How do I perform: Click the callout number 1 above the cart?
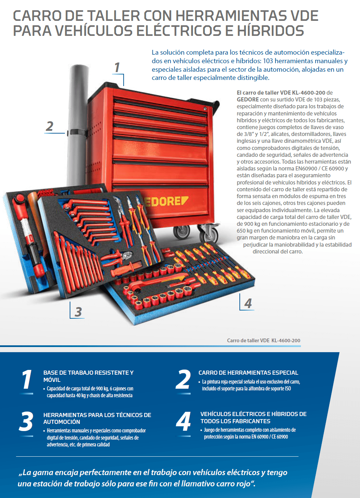pyautogui.click(x=117, y=68)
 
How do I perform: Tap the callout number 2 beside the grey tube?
pyautogui.click(x=50, y=126)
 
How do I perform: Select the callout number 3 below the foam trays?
pyautogui.click(x=78, y=312)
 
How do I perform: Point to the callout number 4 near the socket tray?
pyautogui.click(x=248, y=303)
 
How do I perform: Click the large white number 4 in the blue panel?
pyautogui.click(x=183, y=422)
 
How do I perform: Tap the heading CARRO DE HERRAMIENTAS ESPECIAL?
pyautogui.click(x=248, y=373)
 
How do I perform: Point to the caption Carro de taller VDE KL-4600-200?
pyautogui.click(x=263, y=341)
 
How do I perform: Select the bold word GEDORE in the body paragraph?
pyautogui.click(x=248, y=99)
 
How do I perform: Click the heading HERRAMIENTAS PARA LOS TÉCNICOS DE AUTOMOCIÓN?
pyautogui.click(x=97, y=418)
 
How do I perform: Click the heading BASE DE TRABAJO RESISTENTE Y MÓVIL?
pyautogui.click(x=88, y=376)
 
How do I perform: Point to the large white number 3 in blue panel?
pyautogui.click(x=26, y=422)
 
